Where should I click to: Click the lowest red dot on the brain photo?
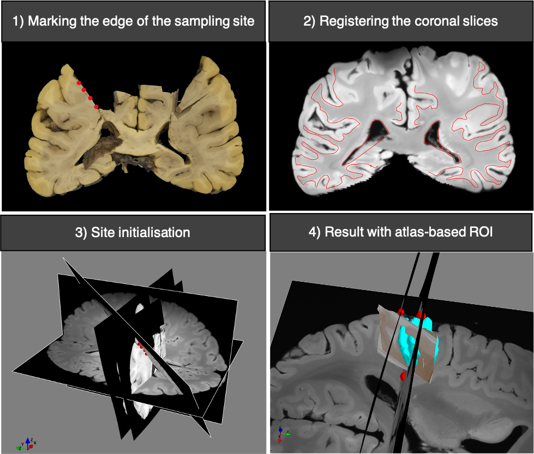[97, 107]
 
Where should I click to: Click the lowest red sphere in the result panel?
[403, 376]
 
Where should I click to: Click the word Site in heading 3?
[101, 232]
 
